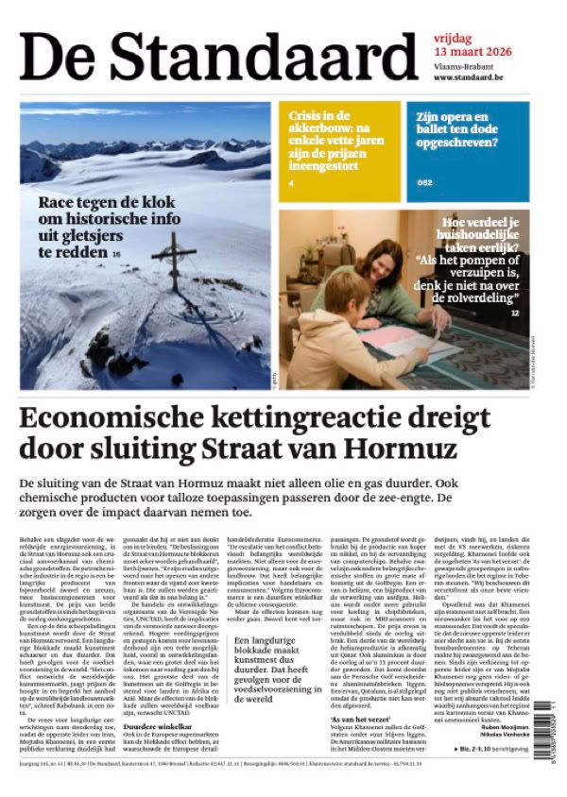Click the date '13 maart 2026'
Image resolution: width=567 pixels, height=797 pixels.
pos(472,51)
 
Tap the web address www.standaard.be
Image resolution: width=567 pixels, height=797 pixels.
pos(472,77)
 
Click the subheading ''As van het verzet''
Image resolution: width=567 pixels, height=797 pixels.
pos(356,693)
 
